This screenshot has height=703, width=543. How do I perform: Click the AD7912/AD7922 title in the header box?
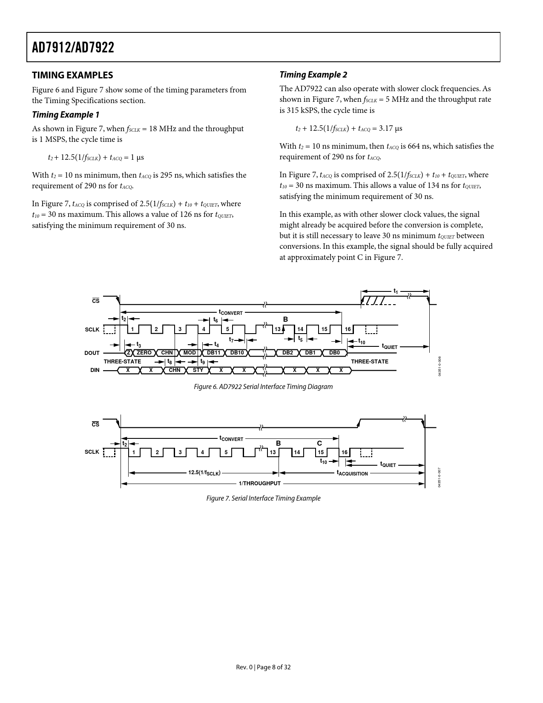(73, 47)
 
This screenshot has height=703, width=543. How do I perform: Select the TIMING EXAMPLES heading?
(72, 75)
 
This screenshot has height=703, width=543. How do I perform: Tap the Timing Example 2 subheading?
(313, 75)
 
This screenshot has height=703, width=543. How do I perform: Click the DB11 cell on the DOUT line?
(213, 353)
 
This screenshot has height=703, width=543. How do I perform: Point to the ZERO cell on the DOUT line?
(144, 353)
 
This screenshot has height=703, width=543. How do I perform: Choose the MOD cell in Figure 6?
(190, 353)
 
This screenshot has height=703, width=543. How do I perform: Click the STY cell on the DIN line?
(198, 370)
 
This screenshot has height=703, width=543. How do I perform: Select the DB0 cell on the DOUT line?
(335, 353)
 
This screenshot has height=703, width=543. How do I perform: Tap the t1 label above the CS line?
(396, 291)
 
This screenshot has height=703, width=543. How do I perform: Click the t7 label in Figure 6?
(231, 340)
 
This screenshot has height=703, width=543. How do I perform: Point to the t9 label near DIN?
(203, 362)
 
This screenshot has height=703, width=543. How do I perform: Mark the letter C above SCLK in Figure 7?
(319, 443)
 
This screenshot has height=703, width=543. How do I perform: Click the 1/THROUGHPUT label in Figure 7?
(260, 483)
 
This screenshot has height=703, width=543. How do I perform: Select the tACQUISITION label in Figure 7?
(352, 473)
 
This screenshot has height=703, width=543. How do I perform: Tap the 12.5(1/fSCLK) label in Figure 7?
(204, 473)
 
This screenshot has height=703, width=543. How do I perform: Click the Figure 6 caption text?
(263, 386)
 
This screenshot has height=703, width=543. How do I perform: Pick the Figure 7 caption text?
(263, 498)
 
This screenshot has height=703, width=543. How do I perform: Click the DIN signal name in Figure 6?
(95, 370)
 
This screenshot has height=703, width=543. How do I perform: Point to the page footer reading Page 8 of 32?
(263, 667)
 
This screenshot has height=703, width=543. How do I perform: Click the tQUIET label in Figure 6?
(389, 346)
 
